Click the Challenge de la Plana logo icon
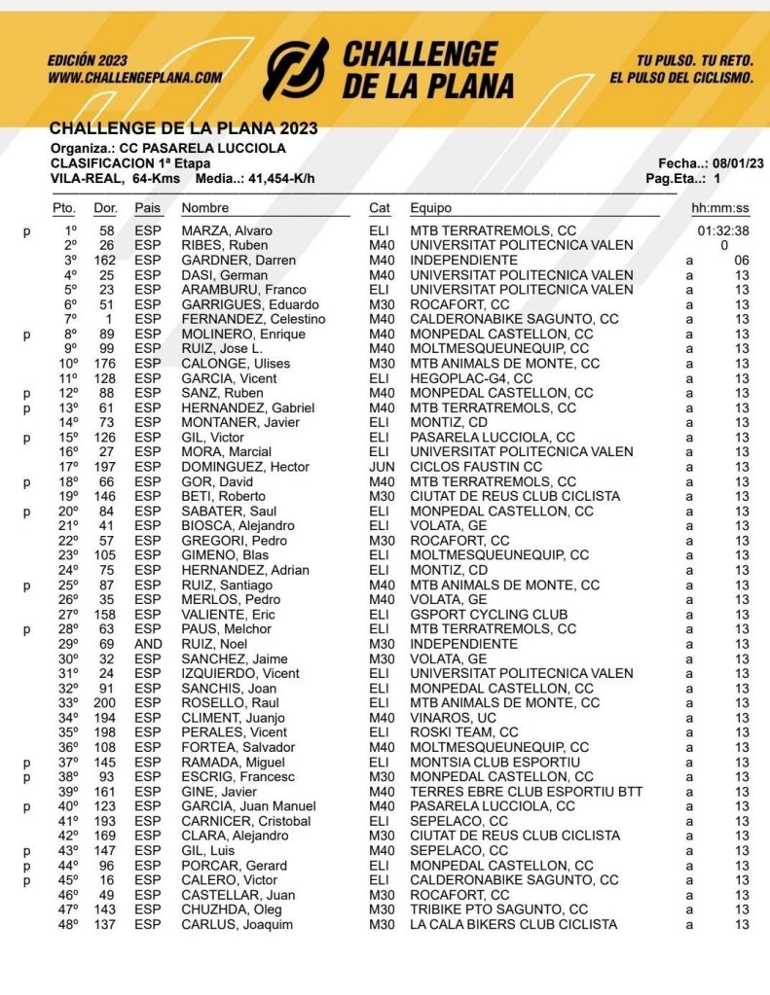pyautogui.click(x=297, y=69)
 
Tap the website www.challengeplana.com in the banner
pyautogui.click(x=134, y=77)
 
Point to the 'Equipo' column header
pyautogui.click(x=430, y=208)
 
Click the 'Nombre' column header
pyautogui.click(x=205, y=208)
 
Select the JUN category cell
pyautogui.click(x=380, y=467)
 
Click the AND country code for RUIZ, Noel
pyautogui.click(x=148, y=644)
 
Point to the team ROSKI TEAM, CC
pyautogui.click(x=464, y=732)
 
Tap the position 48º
pyautogui.click(x=67, y=924)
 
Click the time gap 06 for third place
pyautogui.click(x=742, y=261)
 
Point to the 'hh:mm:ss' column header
pyautogui.click(x=720, y=208)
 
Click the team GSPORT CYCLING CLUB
pyautogui.click(x=489, y=615)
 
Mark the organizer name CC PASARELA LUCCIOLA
pyautogui.click(x=203, y=149)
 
